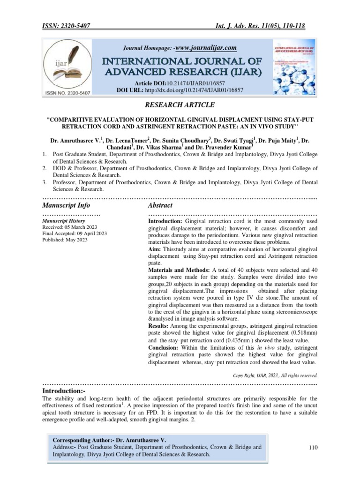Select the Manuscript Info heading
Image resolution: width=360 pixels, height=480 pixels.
pos(66,205)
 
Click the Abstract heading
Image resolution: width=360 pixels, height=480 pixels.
pos(160,205)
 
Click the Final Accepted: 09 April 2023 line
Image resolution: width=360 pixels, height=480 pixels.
pos(75,233)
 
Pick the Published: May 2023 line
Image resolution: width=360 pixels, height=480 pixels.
pos(65,240)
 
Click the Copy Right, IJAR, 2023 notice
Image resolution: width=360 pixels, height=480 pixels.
pos(275,375)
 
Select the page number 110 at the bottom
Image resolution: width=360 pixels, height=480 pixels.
pos(314,448)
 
